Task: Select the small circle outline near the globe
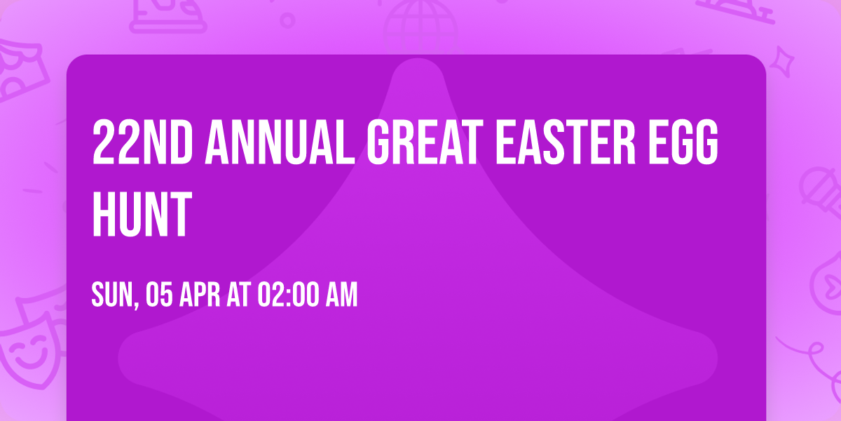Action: [x=287, y=20]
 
